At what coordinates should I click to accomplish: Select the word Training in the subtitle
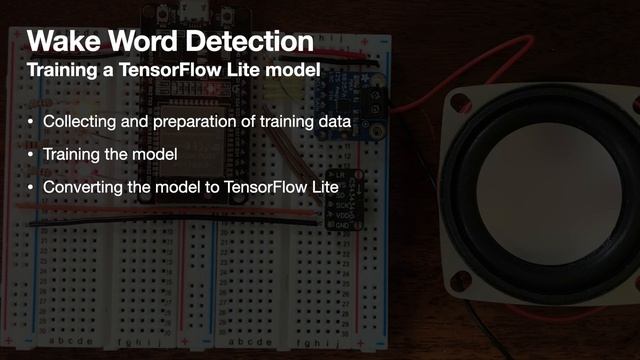point(60,72)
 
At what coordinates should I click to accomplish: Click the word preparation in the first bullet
point(206,122)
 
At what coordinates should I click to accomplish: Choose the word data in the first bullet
point(332,122)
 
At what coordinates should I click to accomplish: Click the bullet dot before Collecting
point(30,123)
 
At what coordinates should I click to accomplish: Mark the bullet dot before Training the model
point(30,156)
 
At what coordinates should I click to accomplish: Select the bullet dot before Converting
point(30,188)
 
